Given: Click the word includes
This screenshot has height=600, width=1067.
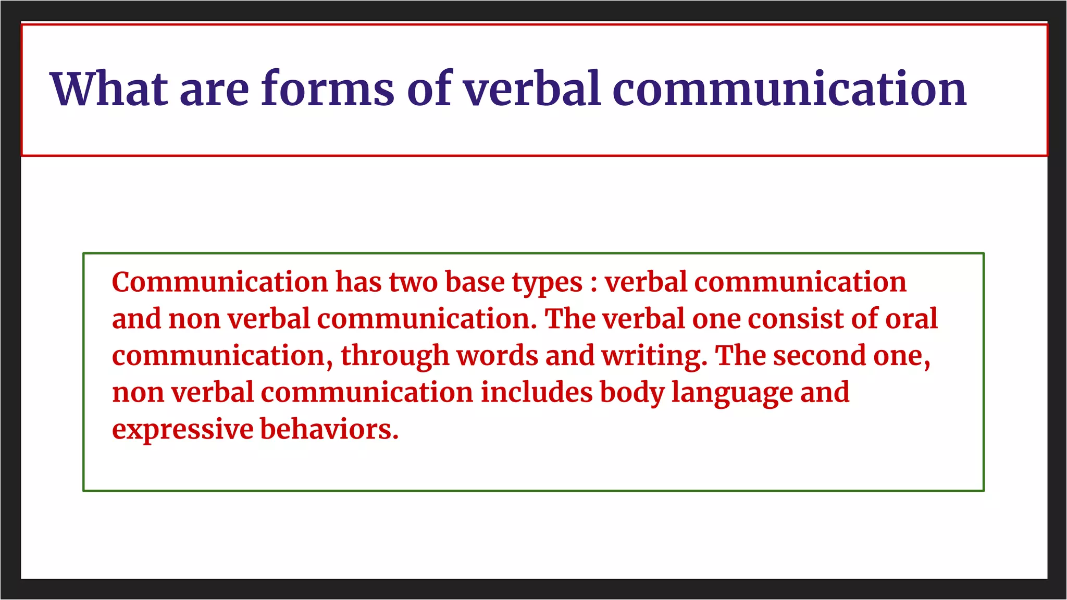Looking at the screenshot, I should [536, 393].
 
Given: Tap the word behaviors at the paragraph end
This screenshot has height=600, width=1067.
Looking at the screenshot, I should [329, 430].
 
